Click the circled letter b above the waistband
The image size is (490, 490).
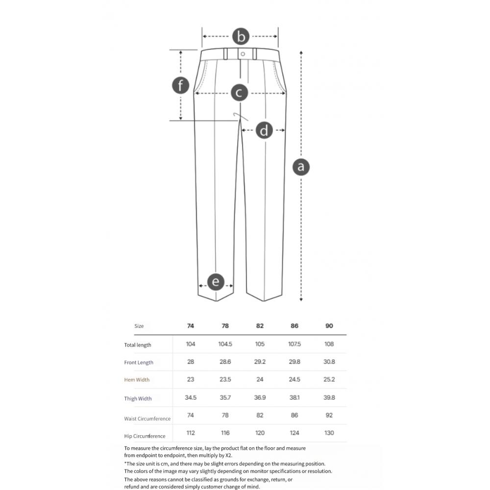[x=241, y=37]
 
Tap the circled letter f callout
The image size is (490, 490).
[x=181, y=85]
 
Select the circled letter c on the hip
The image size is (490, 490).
[x=240, y=93]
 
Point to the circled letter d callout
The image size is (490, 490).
[x=264, y=130]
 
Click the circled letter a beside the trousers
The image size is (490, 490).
[x=301, y=167]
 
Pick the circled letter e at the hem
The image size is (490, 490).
[x=216, y=282]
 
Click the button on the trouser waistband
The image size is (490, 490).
[x=243, y=54]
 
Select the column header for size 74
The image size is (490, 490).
[x=190, y=326]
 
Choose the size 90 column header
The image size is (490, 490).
[x=329, y=326]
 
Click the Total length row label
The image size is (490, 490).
[x=138, y=345]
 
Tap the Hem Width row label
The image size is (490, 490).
[x=137, y=380]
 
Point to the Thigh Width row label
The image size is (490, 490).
[x=138, y=398]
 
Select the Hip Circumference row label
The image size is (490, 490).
[x=145, y=436]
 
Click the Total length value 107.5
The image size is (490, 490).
[x=294, y=344]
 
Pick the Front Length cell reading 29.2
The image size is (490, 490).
[x=260, y=362]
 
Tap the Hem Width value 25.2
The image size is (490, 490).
[x=329, y=379]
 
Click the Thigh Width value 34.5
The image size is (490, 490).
[x=190, y=397]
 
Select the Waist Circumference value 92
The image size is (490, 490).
[x=329, y=415]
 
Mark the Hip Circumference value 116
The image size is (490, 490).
[x=225, y=433]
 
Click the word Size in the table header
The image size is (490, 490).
[x=139, y=326]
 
